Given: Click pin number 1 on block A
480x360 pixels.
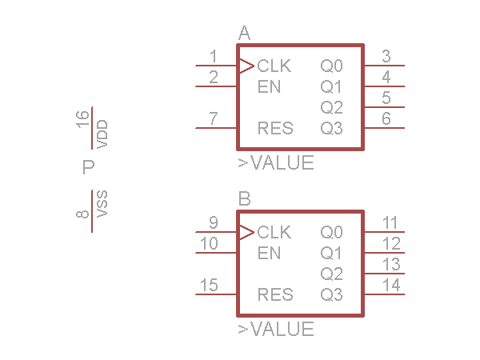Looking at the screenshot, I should click(213, 56).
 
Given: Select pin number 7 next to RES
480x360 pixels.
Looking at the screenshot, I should click(213, 118).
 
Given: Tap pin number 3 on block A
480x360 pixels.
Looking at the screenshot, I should click(386, 56).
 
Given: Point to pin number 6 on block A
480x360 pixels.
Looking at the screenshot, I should click(386, 118).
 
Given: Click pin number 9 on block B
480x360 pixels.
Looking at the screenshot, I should click(213, 222).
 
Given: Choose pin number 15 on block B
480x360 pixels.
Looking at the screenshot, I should click(209, 285).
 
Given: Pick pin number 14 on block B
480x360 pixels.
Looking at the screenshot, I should click(391, 285).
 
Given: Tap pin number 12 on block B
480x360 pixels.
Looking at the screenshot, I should click(391, 243).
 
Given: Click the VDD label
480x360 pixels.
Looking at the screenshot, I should click(102, 134).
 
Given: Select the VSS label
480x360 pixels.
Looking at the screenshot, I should click(102, 205).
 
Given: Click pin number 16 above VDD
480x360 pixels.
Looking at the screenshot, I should click(82, 121).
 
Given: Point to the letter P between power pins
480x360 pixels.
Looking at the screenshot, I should click(89, 168).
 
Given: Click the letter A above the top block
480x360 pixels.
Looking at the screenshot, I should click(245, 34).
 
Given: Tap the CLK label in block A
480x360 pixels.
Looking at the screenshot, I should click(274, 66).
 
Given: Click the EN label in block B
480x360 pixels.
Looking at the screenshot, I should click(270, 253).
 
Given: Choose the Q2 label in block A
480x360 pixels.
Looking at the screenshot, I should click(331, 107).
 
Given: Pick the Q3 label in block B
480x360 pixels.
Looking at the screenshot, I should click(331, 294).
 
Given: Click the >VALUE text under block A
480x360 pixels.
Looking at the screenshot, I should click(276, 163).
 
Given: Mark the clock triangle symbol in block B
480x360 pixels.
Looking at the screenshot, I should click(246, 232).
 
